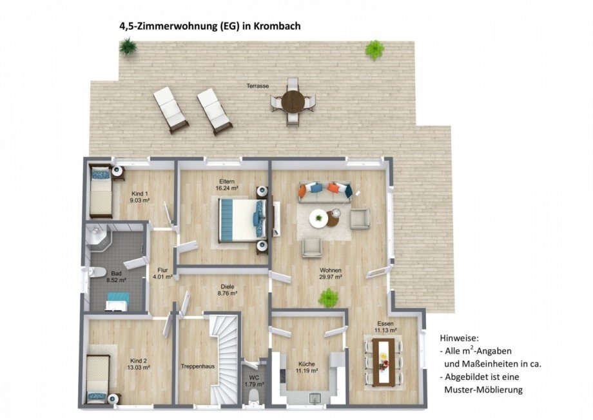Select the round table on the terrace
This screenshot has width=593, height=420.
[x=294, y=101]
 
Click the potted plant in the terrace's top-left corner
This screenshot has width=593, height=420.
[x=128, y=46]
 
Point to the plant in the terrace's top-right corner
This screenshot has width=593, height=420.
[x=374, y=49]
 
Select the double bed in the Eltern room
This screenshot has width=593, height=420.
[x=239, y=219]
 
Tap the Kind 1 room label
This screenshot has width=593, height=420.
[x=140, y=194]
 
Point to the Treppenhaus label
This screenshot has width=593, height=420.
[x=199, y=366]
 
